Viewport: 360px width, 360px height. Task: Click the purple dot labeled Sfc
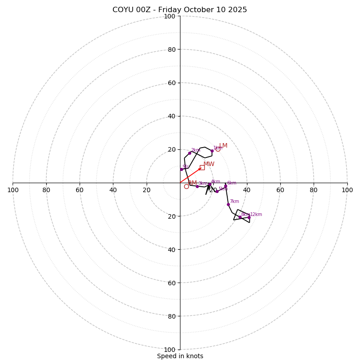(x=181, y=169)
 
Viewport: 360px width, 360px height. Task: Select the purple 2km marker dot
(x=189, y=153)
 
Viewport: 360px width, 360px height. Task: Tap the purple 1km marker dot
(x=212, y=151)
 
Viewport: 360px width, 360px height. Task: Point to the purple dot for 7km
(x=228, y=204)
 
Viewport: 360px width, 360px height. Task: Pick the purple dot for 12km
(x=249, y=217)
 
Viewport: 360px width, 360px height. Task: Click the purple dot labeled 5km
(x=217, y=191)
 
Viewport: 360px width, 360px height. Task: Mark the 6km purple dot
(x=225, y=186)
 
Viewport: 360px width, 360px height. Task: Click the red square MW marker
(x=202, y=167)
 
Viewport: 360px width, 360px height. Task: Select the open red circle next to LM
(x=218, y=149)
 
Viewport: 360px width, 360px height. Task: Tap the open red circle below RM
(x=186, y=186)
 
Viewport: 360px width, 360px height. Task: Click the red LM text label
(x=223, y=146)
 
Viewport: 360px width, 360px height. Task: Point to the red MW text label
(x=209, y=164)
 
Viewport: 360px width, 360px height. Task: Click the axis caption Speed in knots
(x=180, y=356)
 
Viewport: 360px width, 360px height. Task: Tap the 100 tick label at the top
(x=170, y=16)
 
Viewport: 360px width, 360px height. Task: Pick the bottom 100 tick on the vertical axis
(x=170, y=349)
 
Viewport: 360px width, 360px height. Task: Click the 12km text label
(x=256, y=215)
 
